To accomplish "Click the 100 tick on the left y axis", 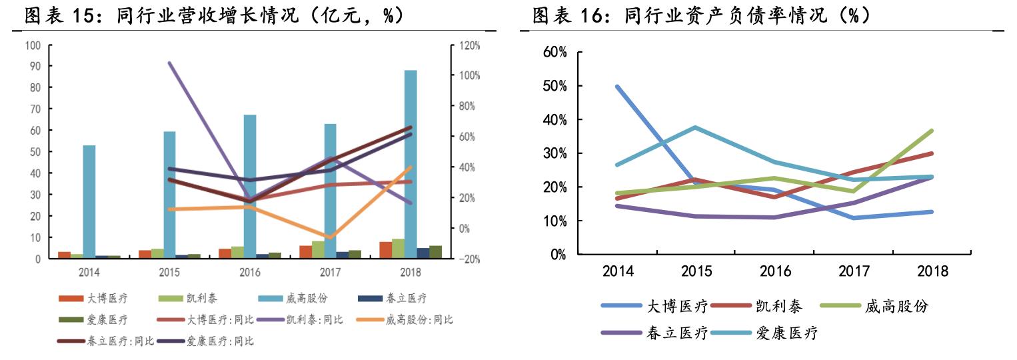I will click(33, 45).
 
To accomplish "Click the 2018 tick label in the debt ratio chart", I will click(932, 272).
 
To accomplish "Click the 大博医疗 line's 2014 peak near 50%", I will click(618, 87).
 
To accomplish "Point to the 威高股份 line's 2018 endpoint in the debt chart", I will click(931, 131).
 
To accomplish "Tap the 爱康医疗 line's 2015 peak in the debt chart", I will click(696, 127).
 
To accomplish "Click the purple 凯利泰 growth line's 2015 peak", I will click(169, 63).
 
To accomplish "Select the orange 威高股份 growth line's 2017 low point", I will click(330, 237).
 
